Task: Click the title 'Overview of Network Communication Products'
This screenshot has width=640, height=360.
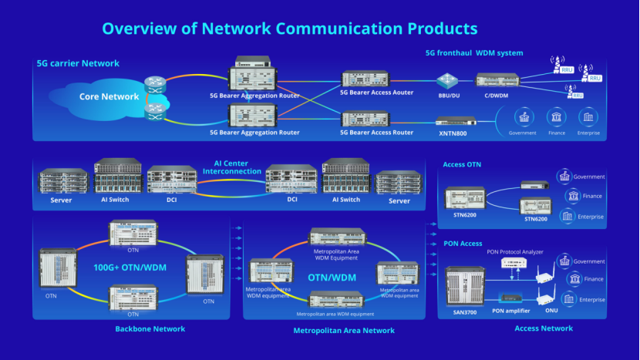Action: pyautogui.click(x=289, y=29)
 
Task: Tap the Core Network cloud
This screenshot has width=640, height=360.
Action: pyautogui.click(x=109, y=97)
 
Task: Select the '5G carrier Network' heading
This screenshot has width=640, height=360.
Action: pyautogui.click(x=78, y=63)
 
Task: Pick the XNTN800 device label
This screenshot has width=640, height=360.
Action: pyautogui.click(x=453, y=133)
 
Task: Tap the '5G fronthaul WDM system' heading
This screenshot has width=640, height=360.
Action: pyautogui.click(x=474, y=53)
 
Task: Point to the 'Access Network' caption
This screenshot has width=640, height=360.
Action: pyautogui.click(x=543, y=328)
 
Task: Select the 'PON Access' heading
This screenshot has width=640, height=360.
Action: pyautogui.click(x=463, y=244)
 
